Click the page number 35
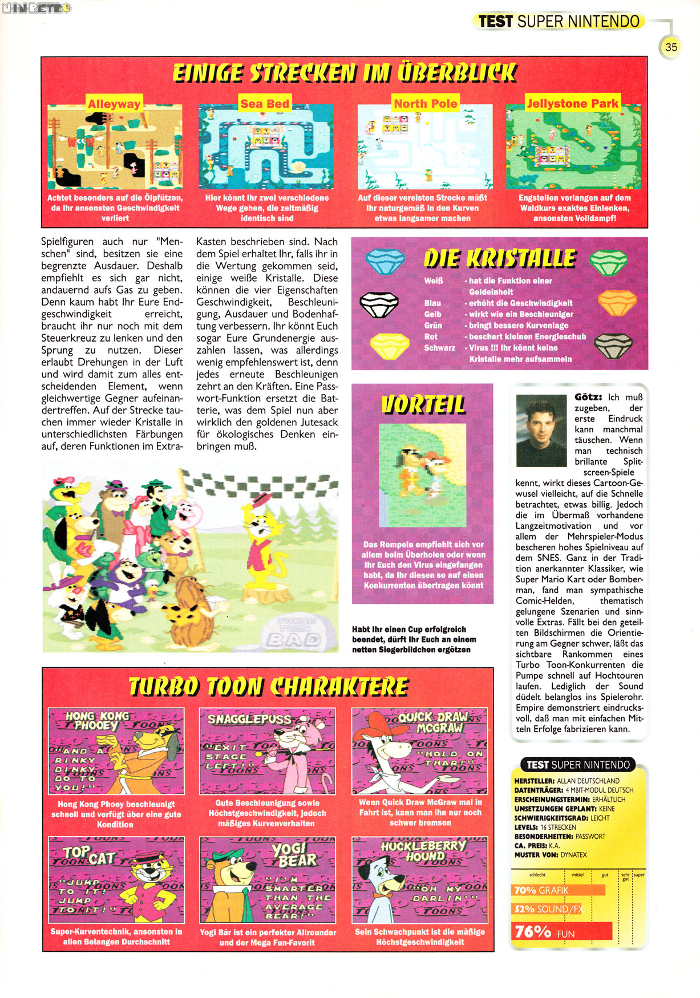tap(671, 47)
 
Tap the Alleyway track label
tap(114, 104)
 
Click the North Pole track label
tap(426, 104)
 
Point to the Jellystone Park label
tap(572, 104)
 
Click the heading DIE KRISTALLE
tap(500, 259)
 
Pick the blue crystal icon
tap(385, 262)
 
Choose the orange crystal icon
tap(617, 303)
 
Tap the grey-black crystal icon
tap(613, 346)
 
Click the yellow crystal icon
tap(390, 346)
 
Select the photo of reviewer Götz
tap(541, 430)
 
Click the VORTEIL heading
tap(423, 404)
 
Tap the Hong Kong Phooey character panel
tap(116, 751)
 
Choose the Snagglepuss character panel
tap(268, 751)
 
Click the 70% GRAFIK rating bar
tap(558, 890)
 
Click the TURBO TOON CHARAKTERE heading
tap(268, 687)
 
